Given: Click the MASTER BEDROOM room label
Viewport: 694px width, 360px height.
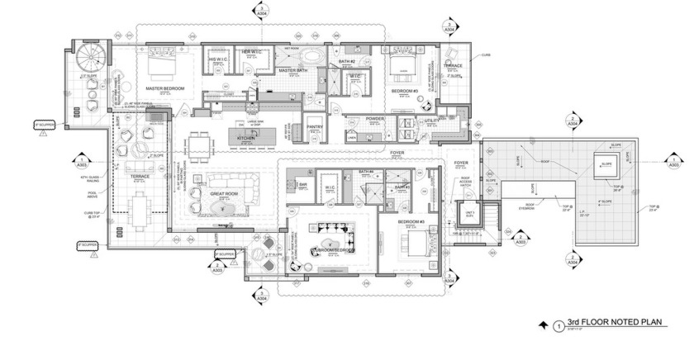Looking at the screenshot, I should click(164, 88).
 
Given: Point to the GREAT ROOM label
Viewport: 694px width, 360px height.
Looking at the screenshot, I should click(223, 195).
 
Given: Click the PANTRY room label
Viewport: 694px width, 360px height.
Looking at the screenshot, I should click(315, 126).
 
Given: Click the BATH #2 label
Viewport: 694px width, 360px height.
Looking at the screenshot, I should click(347, 63).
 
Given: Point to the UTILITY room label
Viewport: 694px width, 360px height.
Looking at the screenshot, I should click(432, 121).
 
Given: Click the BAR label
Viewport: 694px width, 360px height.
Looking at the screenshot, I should click(303, 184).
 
